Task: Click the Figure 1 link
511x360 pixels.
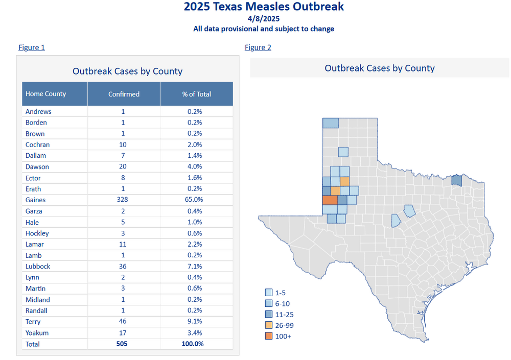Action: (x=32, y=47)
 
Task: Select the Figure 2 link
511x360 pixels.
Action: (x=258, y=47)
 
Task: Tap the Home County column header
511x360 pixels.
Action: (x=46, y=94)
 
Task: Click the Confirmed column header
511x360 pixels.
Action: (x=124, y=94)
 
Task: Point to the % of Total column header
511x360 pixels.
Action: (x=197, y=94)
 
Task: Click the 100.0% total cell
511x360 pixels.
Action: (x=193, y=344)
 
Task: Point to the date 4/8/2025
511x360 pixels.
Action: (x=264, y=19)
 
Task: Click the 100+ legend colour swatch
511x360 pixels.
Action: (x=268, y=336)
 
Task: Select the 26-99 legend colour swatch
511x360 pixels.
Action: (x=268, y=325)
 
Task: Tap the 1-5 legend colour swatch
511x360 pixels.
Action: (x=268, y=293)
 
